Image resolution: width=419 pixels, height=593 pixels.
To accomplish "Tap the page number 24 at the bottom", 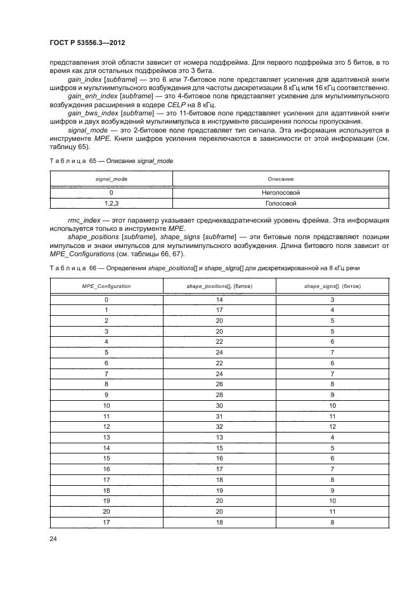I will click(53, 539).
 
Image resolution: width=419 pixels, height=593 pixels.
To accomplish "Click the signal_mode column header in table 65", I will click(111, 179).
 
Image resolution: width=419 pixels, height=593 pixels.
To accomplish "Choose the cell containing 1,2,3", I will click(111, 204).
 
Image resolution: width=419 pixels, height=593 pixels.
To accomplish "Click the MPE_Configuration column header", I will click(106, 286).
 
